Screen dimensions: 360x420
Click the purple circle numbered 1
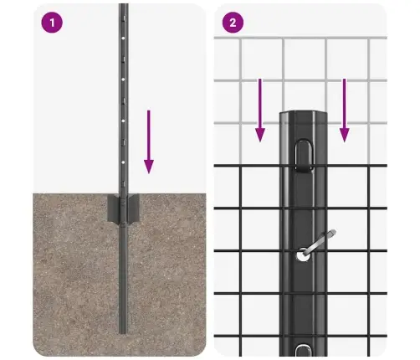(x=52, y=23)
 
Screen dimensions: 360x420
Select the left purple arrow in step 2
(x=260, y=109)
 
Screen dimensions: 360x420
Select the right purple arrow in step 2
(x=344, y=109)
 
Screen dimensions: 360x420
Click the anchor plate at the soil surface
(x=124, y=209)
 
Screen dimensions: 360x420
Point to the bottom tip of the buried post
(x=124, y=332)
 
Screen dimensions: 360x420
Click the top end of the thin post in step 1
(x=123, y=7)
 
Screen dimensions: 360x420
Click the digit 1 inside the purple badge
(x=52, y=23)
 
